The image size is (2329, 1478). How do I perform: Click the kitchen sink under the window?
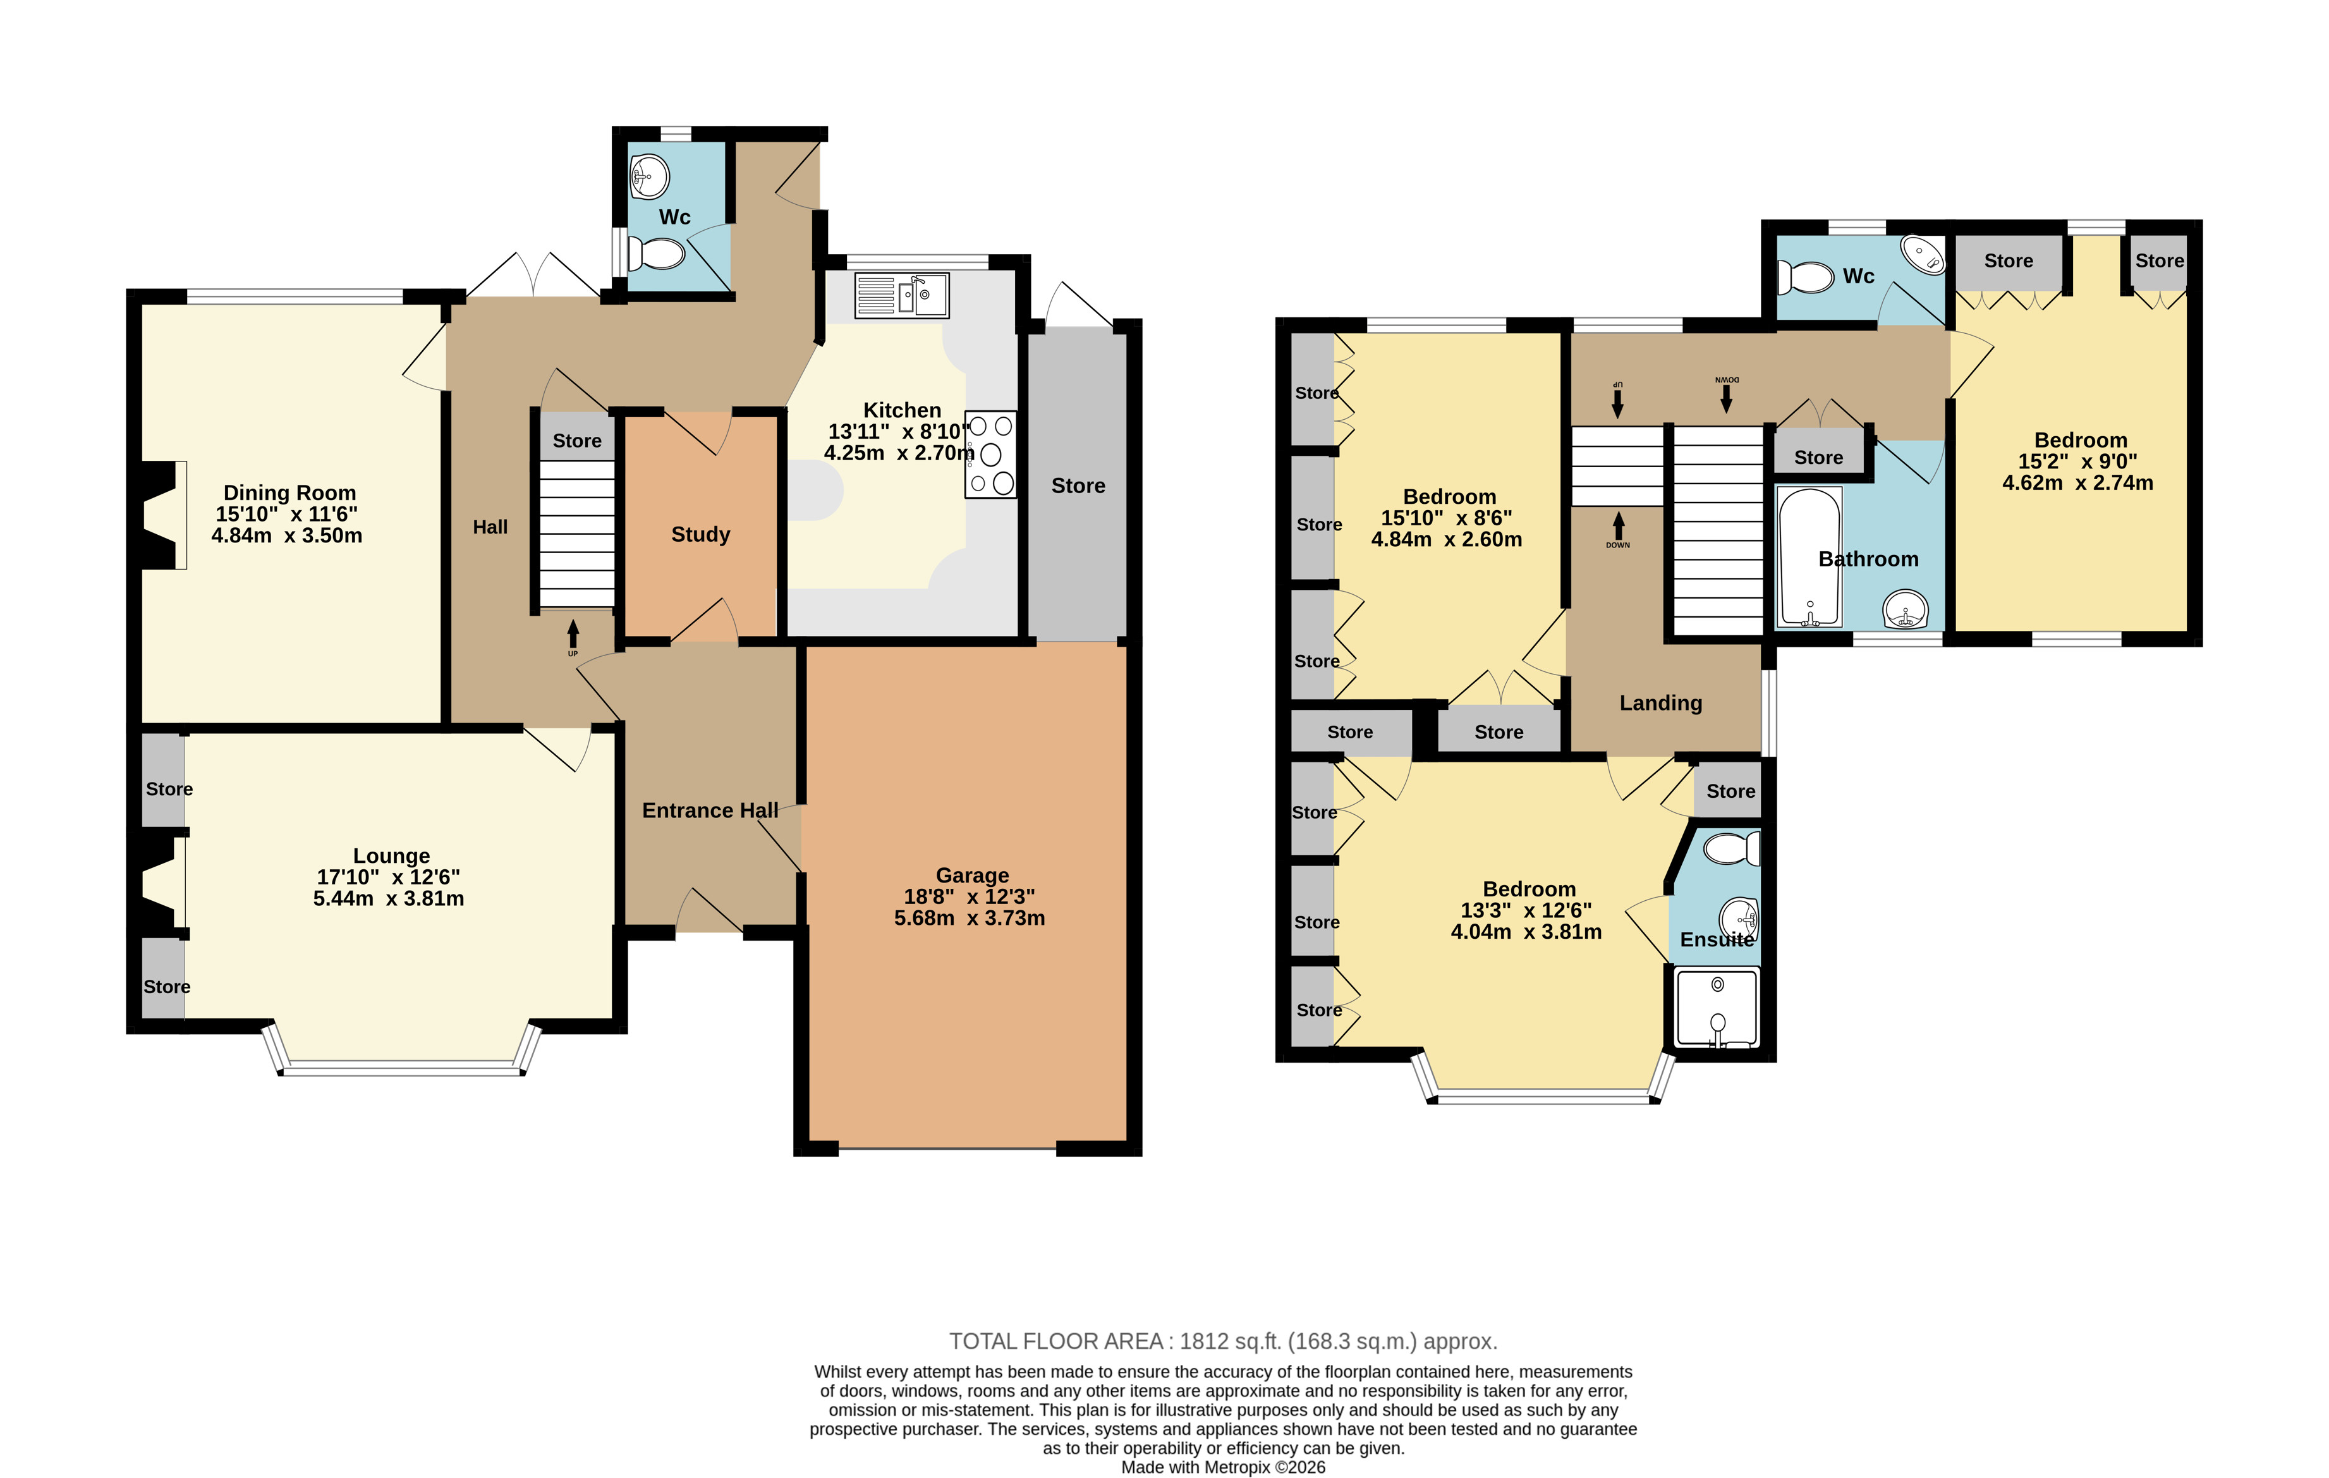(x=901, y=295)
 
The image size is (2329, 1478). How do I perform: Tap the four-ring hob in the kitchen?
(x=990, y=455)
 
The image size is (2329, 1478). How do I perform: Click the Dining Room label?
(x=289, y=492)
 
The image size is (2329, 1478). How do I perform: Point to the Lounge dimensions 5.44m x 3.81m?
(x=388, y=898)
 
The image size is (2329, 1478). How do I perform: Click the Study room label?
(x=700, y=534)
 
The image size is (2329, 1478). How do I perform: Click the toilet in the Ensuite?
(x=1731, y=848)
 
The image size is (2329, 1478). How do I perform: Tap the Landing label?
(x=1661, y=703)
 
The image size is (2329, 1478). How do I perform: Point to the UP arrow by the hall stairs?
(x=573, y=635)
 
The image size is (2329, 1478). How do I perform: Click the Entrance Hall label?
(x=710, y=810)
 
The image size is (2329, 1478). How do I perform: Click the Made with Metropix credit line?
(x=1222, y=1467)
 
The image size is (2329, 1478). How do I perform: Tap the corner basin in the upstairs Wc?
(x=1923, y=253)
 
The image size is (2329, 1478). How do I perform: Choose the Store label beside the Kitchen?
(x=1078, y=486)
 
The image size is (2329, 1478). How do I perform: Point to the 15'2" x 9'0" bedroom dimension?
(x=2077, y=461)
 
